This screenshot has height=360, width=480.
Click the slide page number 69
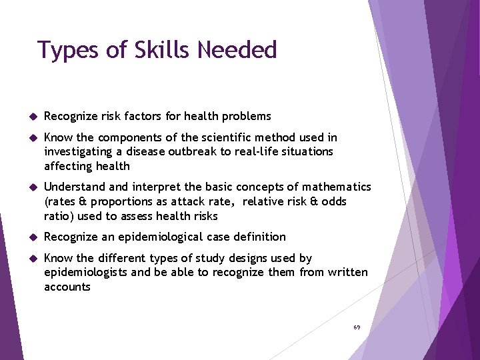click(x=357, y=327)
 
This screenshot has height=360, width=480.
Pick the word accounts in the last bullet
click(x=67, y=287)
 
